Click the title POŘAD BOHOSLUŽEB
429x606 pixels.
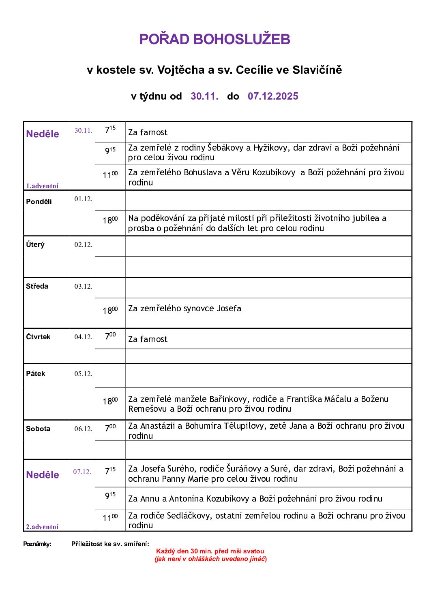click(x=214, y=39)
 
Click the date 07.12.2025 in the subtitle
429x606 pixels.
click(x=273, y=96)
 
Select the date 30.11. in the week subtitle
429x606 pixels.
click(x=204, y=96)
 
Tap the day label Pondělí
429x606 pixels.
click(x=39, y=202)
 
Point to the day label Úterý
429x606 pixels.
click(x=35, y=245)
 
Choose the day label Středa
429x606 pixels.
click(x=37, y=286)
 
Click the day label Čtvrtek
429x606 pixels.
click(x=38, y=337)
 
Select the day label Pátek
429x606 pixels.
click(x=36, y=374)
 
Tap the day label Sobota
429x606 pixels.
click(x=38, y=429)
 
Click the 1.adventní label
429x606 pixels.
click(x=42, y=186)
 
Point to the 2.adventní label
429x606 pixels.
click(x=42, y=527)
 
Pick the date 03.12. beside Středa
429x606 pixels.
click(x=83, y=287)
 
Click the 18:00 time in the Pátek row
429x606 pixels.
click(x=110, y=401)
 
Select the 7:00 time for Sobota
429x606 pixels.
click(x=110, y=427)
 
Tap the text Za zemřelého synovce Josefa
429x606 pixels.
click(x=184, y=308)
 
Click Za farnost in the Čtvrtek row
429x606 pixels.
click(x=148, y=339)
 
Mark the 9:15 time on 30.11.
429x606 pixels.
click(x=110, y=151)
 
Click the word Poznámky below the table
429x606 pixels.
click(x=37, y=544)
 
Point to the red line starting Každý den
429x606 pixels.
click(x=210, y=551)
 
